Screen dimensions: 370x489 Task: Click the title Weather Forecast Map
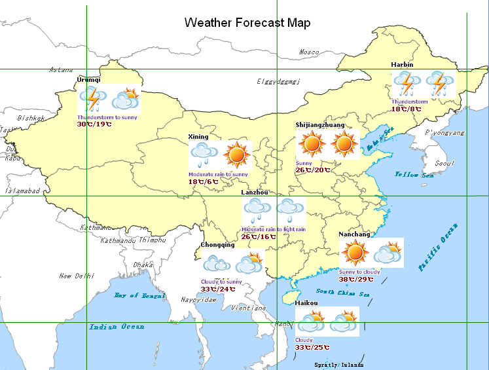pos(247,23)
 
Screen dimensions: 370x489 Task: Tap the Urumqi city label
pos(89,79)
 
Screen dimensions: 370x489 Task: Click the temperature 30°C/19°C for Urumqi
pos(94,124)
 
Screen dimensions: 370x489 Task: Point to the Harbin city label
pos(402,65)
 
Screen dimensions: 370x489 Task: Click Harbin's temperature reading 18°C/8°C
pos(406,109)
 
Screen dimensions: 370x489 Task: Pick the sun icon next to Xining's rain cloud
pos(236,155)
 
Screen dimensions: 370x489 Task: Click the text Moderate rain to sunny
pos(218,174)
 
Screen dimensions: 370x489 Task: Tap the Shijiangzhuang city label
pos(320,124)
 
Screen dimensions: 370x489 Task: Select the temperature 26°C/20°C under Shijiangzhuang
pos(313,170)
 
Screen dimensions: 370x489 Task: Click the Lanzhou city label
pos(255,193)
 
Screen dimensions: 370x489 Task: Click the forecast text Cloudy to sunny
pos(221,282)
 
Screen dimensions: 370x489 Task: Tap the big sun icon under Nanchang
pos(355,252)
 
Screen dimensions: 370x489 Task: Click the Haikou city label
pos(306,303)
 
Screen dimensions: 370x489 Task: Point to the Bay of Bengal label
pos(140,295)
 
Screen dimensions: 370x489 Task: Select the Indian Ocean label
pos(117,326)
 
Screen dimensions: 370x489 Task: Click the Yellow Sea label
pos(414,175)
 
